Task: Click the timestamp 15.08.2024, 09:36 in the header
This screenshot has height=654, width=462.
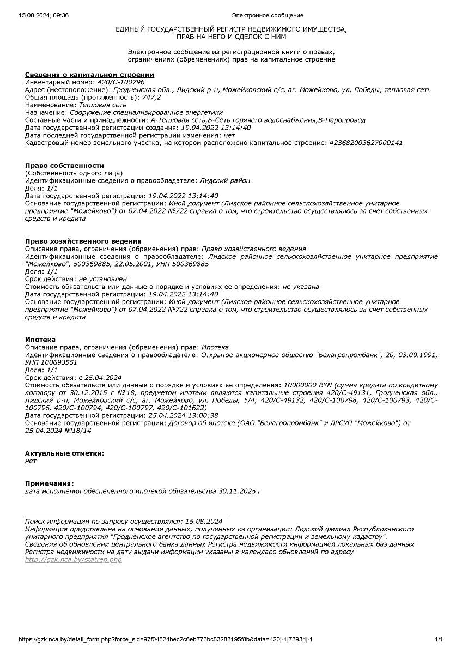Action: click(x=44, y=15)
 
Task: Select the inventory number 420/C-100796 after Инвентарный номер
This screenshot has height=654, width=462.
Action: click(x=121, y=82)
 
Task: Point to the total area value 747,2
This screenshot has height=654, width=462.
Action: click(x=151, y=97)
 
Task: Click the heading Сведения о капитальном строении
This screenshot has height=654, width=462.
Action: click(x=89, y=74)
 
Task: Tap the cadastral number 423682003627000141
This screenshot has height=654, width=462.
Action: click(x=366, y=143)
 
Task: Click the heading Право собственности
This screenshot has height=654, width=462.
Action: click(x=64, y=165)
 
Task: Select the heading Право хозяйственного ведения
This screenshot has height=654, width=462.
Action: click(x=83, y=241)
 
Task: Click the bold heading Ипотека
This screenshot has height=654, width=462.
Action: click(x=40, y=340)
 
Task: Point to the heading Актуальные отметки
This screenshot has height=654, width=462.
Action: click(x=64, y=453)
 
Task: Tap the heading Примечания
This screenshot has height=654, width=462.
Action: click(x=49, y=483)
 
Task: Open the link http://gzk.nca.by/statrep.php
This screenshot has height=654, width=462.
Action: click(x=74, y=560)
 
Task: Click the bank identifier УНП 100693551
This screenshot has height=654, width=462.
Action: click(x=51, y=362)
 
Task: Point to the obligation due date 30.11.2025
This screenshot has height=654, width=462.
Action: click(x=237, y=491)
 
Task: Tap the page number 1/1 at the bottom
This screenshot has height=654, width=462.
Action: click(x=439, y=639)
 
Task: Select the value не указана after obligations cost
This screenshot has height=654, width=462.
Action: click(x=301, y=287)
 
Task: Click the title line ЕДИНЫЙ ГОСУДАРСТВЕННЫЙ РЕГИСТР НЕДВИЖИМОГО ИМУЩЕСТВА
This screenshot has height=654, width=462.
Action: click(x=231, y=29)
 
